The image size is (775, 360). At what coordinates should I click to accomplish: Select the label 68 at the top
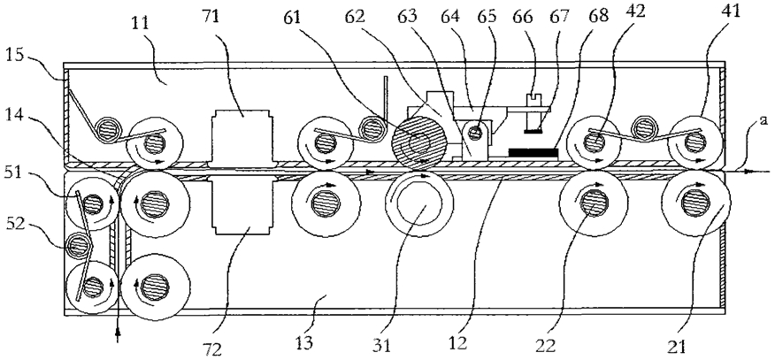tap(598, 18)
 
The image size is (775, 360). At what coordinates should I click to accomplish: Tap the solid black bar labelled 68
tap(533, 153)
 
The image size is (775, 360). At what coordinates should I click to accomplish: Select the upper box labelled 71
tap(242, 134)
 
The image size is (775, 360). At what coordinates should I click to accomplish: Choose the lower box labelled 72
tap(242, 204)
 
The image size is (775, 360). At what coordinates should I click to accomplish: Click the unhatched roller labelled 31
tap(419, 203)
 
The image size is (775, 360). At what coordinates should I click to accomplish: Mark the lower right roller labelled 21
tap(696, 202)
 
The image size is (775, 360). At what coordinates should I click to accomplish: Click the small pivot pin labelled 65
tap(475, 133)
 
